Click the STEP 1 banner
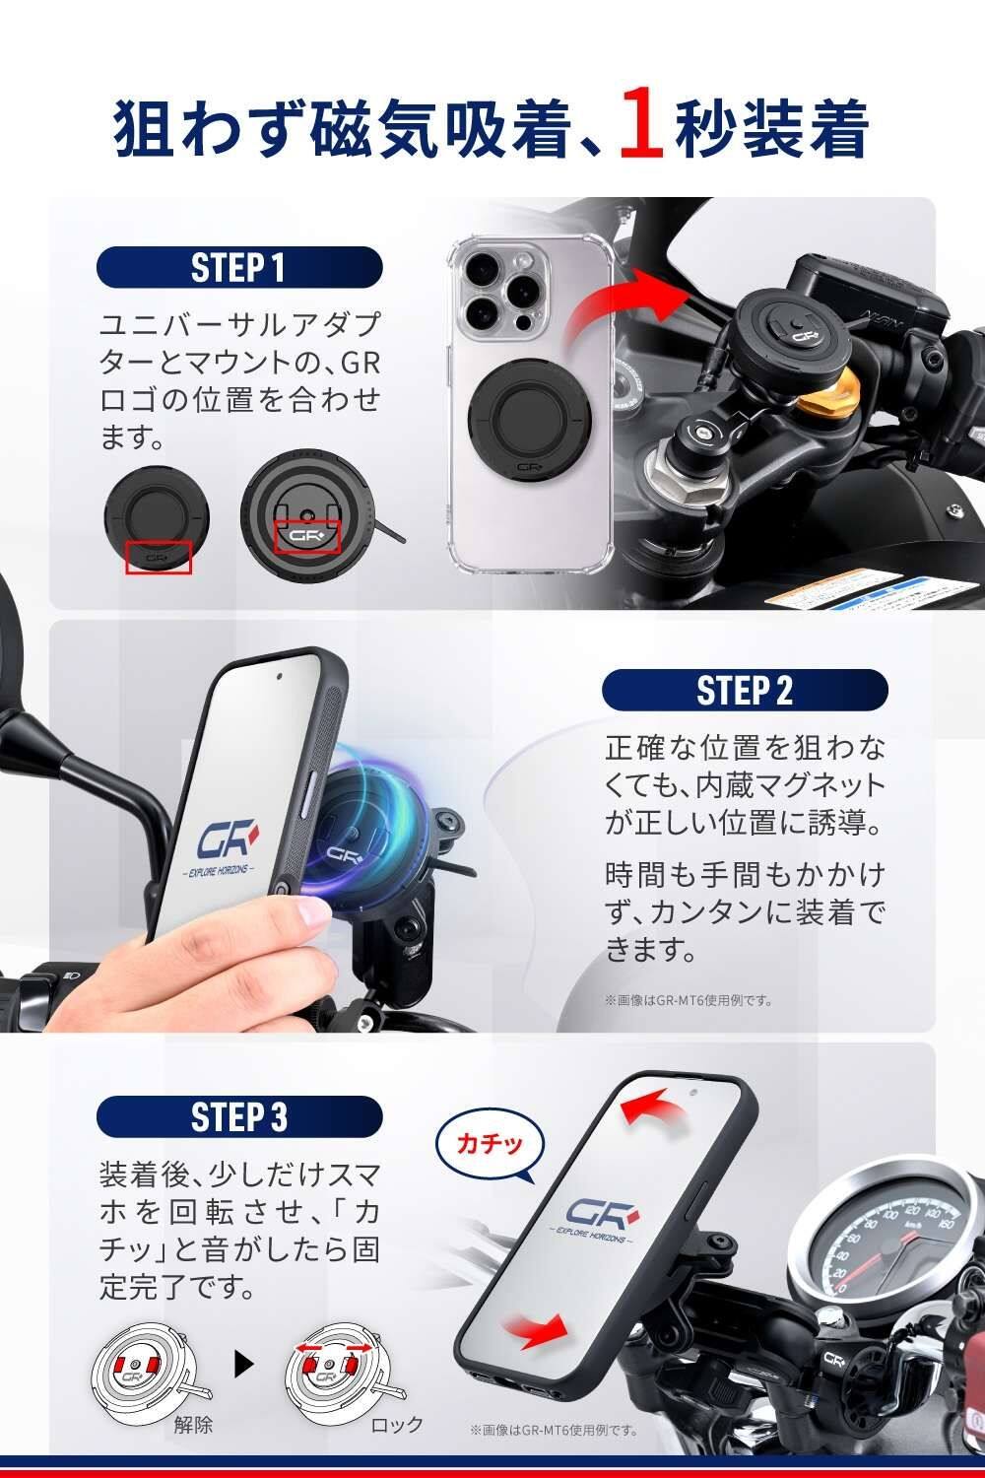(x=239, y=267)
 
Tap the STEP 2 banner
(x=745, y=690)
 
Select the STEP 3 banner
(x=239, y=1117)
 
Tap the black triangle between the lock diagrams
(x=244, y=1363)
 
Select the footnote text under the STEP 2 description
(x=689, y=1000)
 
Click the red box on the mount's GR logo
(x=307, y=536)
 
